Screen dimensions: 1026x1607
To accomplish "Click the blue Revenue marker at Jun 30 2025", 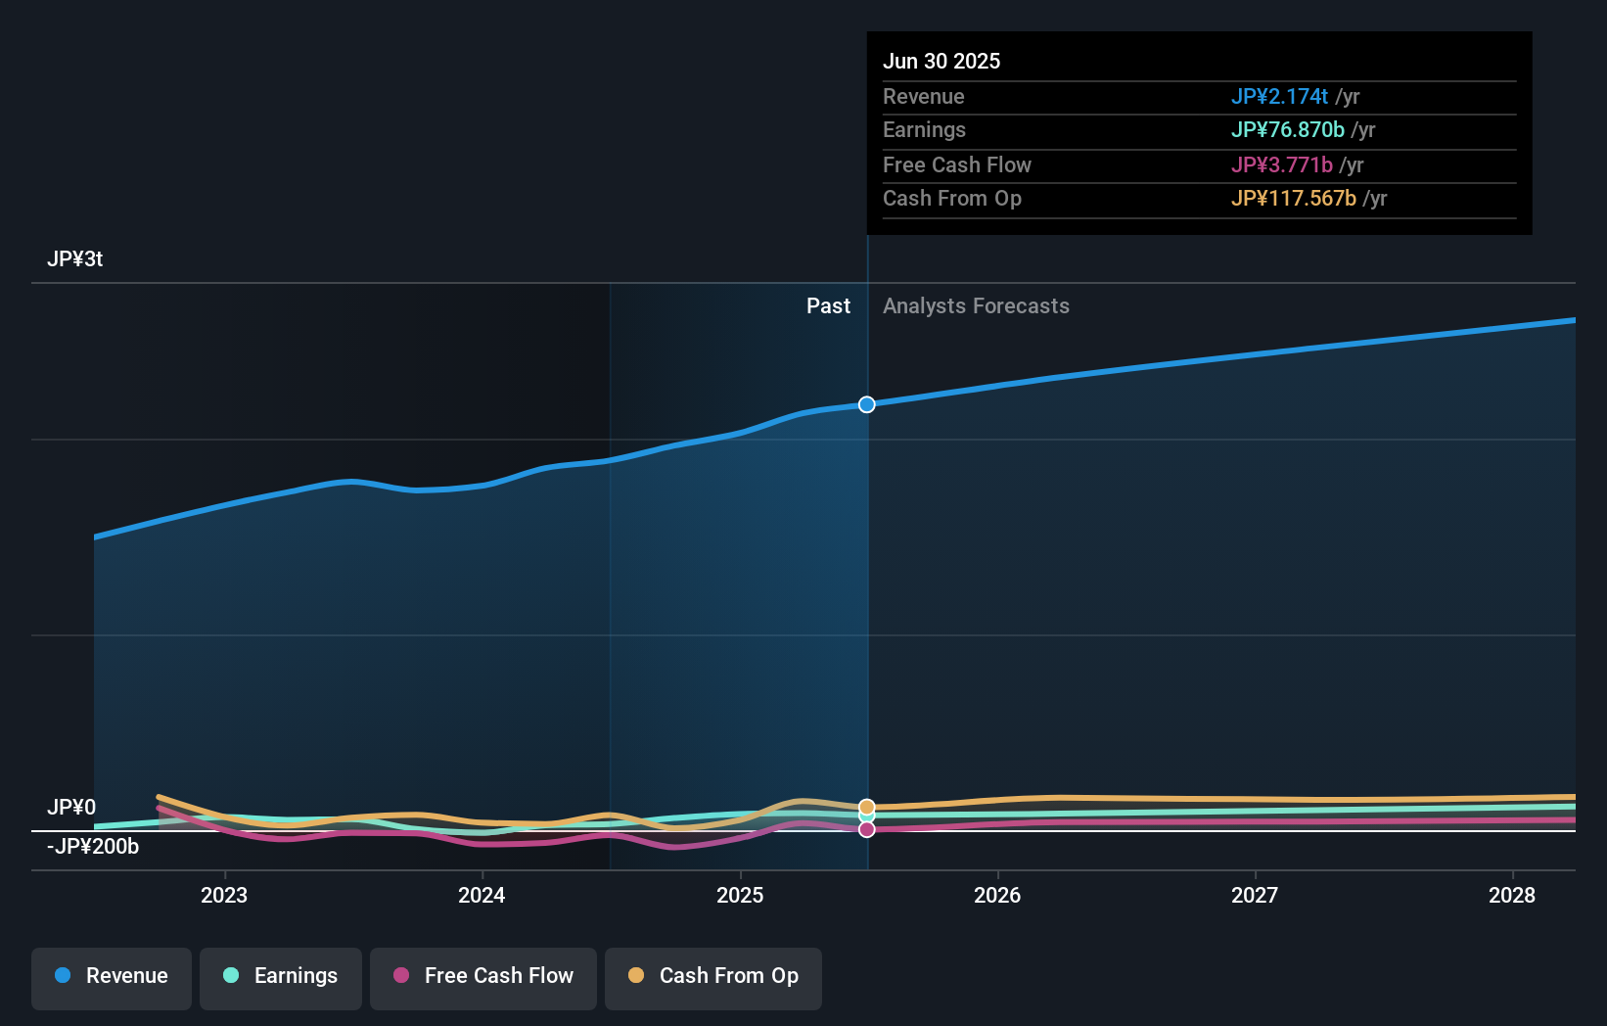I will pos(867,404).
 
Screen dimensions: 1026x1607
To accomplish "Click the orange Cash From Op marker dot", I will pos(867,808).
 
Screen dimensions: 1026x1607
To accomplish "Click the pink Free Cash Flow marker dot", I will pos(867,829).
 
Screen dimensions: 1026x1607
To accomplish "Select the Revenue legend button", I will pos(112,976).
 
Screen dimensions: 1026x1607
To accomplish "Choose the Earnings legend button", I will pos(281,976).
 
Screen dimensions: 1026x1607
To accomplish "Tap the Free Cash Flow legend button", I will pos(483,976).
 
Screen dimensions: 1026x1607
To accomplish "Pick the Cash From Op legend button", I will pos(713,976).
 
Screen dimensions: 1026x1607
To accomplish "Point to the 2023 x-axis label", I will pos(224,895).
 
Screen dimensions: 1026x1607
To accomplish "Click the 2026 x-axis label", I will pos(997,895).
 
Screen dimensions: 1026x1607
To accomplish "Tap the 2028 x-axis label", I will pos(1512,895).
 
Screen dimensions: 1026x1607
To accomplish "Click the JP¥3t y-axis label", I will pos(74,259).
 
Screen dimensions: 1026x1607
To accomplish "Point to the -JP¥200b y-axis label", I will pos(93,847).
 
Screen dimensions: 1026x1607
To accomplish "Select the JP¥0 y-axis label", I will pos(71,808).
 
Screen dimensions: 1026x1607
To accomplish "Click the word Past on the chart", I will pos(828,306).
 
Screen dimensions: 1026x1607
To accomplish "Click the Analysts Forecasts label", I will pos(976,306).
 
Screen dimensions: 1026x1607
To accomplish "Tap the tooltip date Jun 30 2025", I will pos(941,61).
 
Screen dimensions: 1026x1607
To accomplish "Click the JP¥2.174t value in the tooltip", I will pos(1279,97).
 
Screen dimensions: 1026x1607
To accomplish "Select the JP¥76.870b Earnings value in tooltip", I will pos(1287,130).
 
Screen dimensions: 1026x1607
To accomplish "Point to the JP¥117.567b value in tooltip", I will pos(1293,199).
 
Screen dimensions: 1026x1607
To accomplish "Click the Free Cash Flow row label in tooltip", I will pos(956,165).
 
